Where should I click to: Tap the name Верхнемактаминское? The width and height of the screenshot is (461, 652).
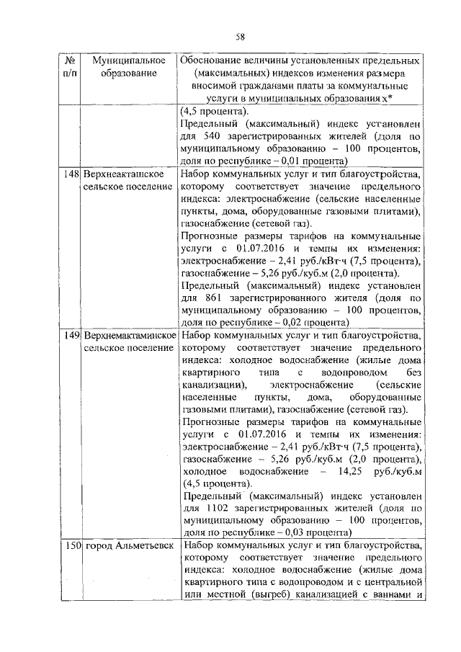130,336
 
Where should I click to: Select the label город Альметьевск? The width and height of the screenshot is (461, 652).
129,546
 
